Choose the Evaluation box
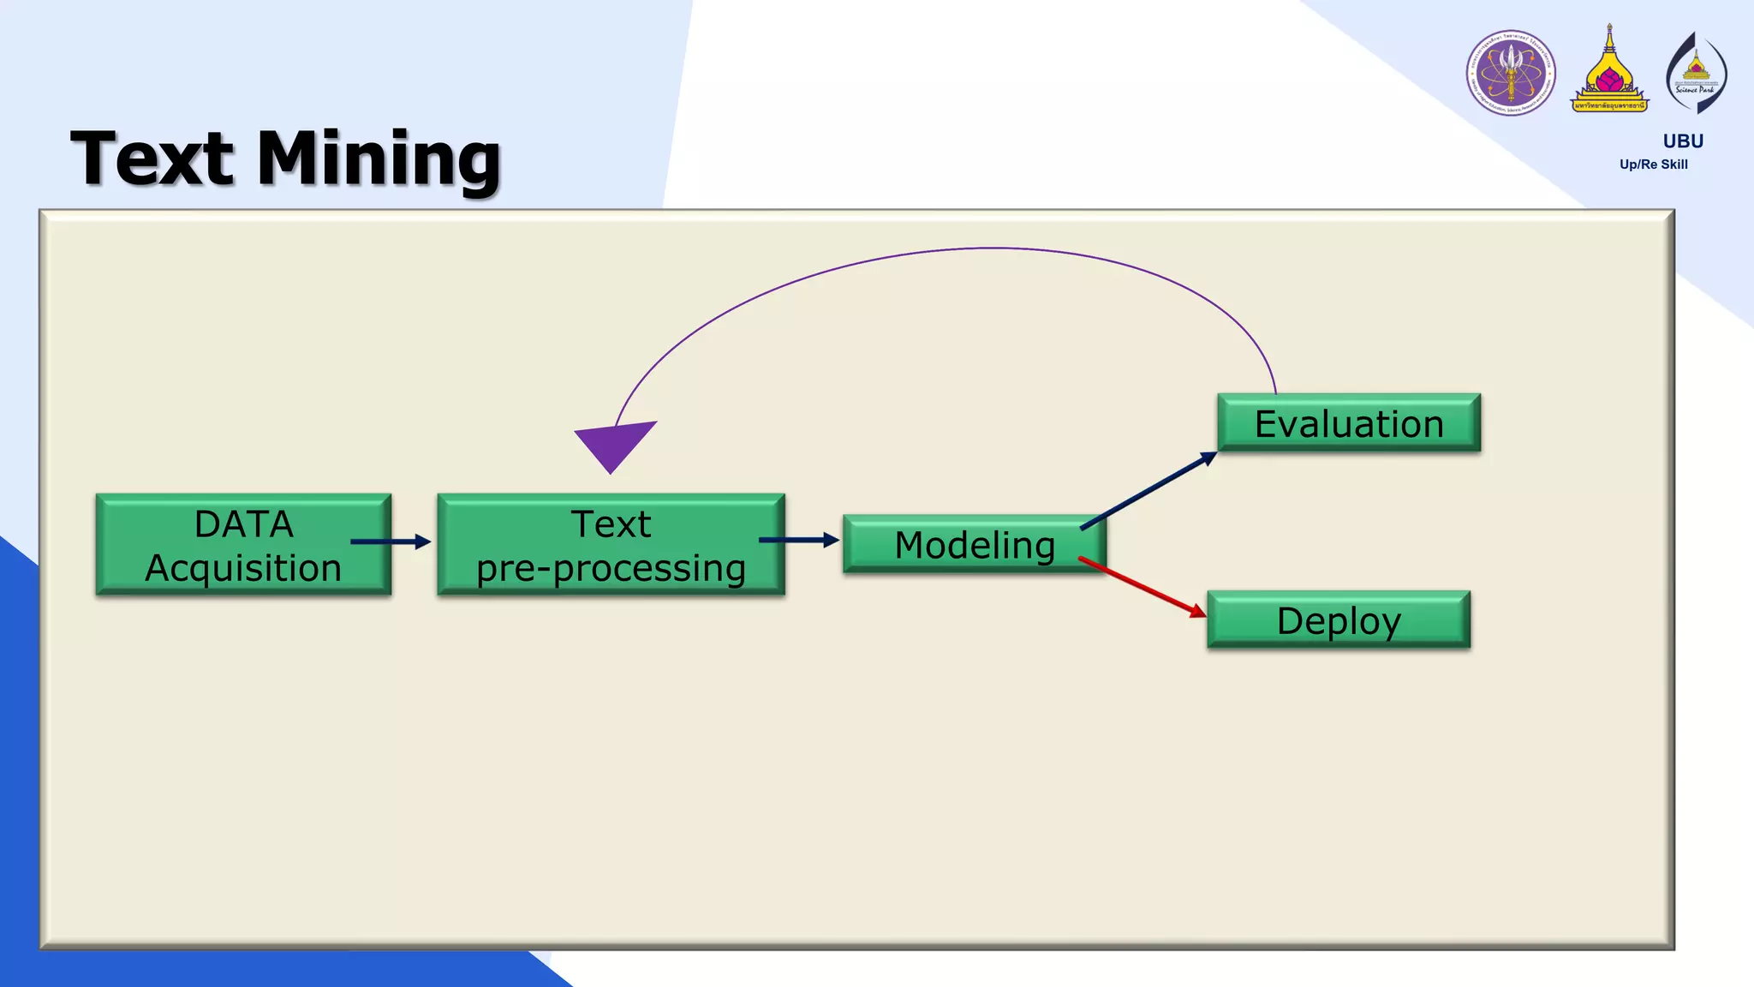[x=1349, y=423]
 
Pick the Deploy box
[x=1339, y=620]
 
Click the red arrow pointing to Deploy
[x=1143, y=588]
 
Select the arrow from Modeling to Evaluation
[x=1148, y=491]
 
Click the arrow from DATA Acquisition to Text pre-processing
[x=391, y=541]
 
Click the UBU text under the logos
[x=1683, y=141]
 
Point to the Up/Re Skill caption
[x=1653, y=164]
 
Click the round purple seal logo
[x=1511, y=73]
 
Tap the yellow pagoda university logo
[x=1609, y=72]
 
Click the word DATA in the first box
[x=244, y=523]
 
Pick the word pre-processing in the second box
[x=611, y=568]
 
